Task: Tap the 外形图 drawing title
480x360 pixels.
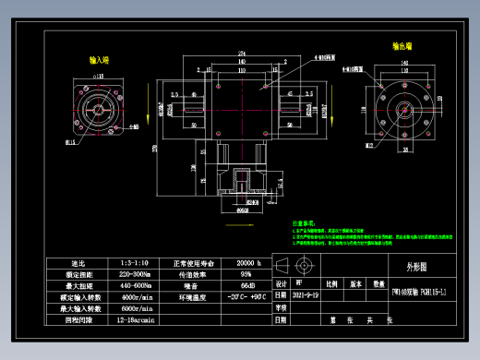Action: point(419,266)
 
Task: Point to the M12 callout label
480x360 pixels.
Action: point(370,145)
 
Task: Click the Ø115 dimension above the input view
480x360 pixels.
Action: point(99,72)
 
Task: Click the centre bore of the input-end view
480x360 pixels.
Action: point(99,112)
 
